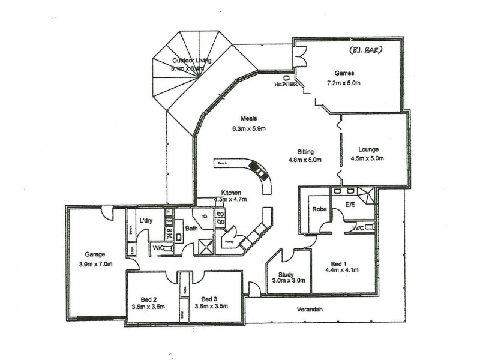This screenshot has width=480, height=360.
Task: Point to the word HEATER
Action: coord(286,85)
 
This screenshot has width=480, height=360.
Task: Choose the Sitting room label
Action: coord(307,152)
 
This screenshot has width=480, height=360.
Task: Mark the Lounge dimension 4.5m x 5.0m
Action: coord(367,159)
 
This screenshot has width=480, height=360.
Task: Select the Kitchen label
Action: coord(231,193)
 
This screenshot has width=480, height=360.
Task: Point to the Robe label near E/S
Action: coord(318,209)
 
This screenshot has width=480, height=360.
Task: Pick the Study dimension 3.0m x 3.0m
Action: coord(289,281)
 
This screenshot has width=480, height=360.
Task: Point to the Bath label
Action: coord(191,228)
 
